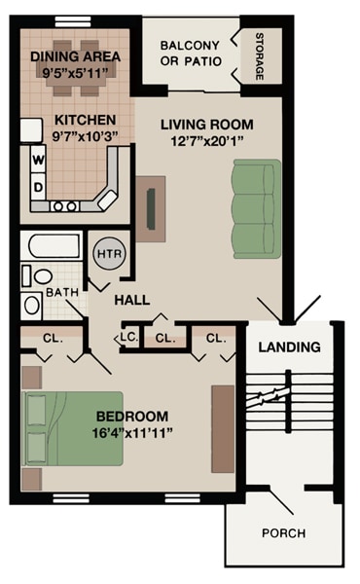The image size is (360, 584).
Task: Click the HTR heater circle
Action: pyautogui.click(x=106, y=253)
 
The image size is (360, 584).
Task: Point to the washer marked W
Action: pyautogui.click(x=39, y=159)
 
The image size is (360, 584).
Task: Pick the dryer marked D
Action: pyautogui.click(x=39, y=185)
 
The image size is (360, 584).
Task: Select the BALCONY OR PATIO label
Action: pyautogui.click(x=191, y=54)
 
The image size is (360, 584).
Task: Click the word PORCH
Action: pyautogui.click(x=283, y=532)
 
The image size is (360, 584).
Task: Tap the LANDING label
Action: pyautogui.click(x=289, y=347)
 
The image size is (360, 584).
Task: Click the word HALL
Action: pyautogui.click(x=131, y=300)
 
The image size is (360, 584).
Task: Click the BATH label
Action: pyautogui.click(x=60, y=291)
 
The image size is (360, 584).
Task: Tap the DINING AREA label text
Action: pyautogui.click(x=75, y=56)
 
